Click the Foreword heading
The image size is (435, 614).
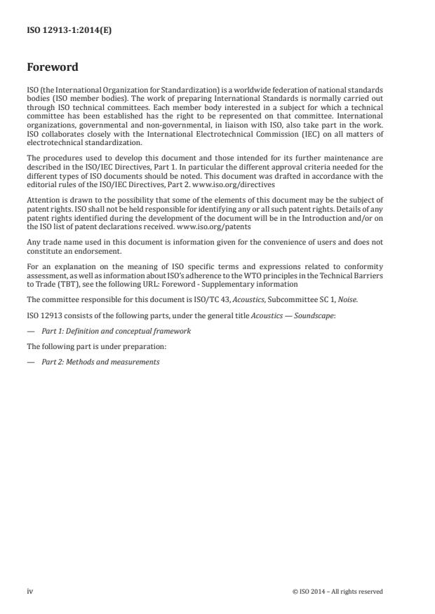[53, 68]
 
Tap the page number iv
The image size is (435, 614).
[30, 591]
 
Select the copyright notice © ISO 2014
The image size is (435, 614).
[337, 591]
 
